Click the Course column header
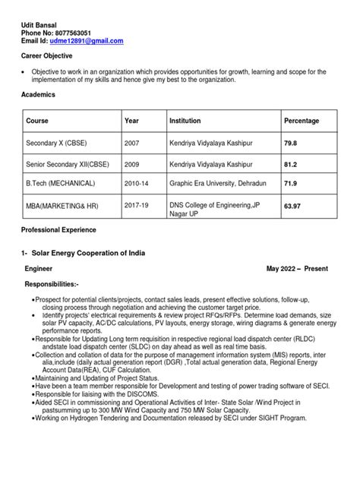pos(37,121)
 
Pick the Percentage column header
pos(302,121)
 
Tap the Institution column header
pos(185,121)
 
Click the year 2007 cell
pos(132,142)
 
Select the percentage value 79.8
pos(291,142)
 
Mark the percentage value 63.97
pos(293,205)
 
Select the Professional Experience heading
pos(58,229)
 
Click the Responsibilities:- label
pos(58,283)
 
